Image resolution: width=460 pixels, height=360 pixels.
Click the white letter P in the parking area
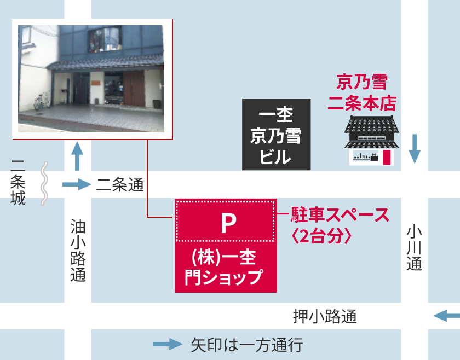pyautogui.click(x=227, y=222)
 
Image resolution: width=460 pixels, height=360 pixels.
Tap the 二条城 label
pyautogui.click(x=18, y=182)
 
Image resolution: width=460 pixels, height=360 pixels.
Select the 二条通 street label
pyautogui.click(x=120, y=185)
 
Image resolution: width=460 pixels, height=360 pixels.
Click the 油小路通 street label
pyautogui.click(x=78, y=250)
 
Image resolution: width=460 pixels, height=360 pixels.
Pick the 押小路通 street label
pyautogui.click(x=325, y=316)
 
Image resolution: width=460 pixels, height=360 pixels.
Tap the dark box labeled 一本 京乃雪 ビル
pyautogui.click(x=277, y=135)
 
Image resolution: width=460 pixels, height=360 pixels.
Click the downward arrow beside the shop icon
pyautogui.click(x=415, y=148)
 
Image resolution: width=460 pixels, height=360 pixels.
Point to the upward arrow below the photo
pyautogui.click(x=77, y=156)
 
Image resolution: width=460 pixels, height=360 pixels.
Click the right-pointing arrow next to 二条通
pyautogui.click(x=76, y=185)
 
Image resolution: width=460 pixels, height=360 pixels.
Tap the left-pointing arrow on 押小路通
pyautogui.click(x=446, y=316)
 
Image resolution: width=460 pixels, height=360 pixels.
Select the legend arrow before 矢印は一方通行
pyautogui.click(x=167, y=344)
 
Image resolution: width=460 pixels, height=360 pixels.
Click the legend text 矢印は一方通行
pyautogui.click(x=246, y=345)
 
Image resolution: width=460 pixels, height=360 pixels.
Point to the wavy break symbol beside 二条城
pyautogui.click(x=45, y=184)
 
